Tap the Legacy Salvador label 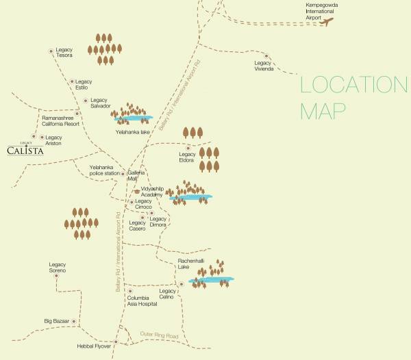100,103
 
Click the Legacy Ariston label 53,140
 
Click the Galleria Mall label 138,176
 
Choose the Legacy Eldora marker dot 189,147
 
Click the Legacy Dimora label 158,222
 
